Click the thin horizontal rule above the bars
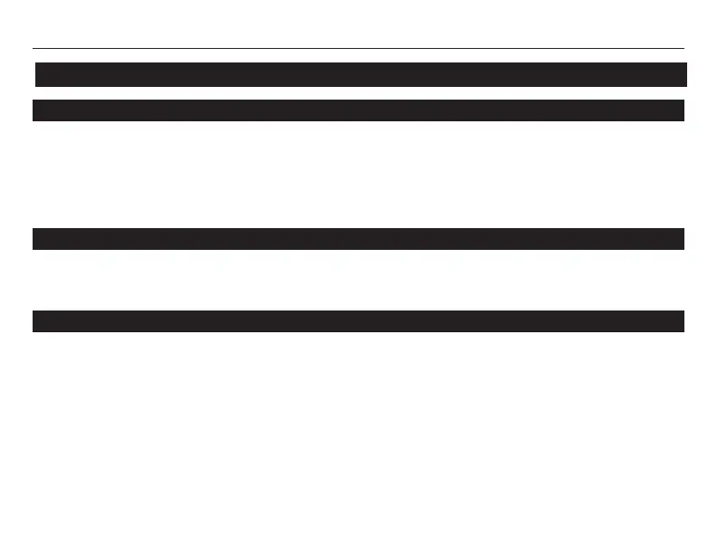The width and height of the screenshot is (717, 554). tap(358, 48)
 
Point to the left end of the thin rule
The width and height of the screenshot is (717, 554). tap(34, 48)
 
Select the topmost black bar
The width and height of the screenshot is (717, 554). tap(360, 74)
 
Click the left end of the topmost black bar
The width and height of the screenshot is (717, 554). tap(38, 74)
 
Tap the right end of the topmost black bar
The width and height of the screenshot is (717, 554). tap(684, 74)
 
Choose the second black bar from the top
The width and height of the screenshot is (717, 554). tap(358, 110)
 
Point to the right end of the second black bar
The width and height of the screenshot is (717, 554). tap(681, 110)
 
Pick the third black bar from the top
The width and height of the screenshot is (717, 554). tap(358, 239)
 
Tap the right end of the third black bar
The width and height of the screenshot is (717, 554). tap(681, 239)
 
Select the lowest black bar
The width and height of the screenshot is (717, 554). tap(358, 321)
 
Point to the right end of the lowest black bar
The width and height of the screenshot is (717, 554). tap(681, 321)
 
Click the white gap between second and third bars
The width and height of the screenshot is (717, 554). tap(358, 175)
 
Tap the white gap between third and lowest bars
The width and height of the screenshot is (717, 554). tap(358, 281)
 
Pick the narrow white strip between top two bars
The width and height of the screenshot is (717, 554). tap(358, 93)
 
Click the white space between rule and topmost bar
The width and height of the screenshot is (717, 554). tap(358, 56)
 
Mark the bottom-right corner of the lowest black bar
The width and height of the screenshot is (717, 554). tap(683, 331)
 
